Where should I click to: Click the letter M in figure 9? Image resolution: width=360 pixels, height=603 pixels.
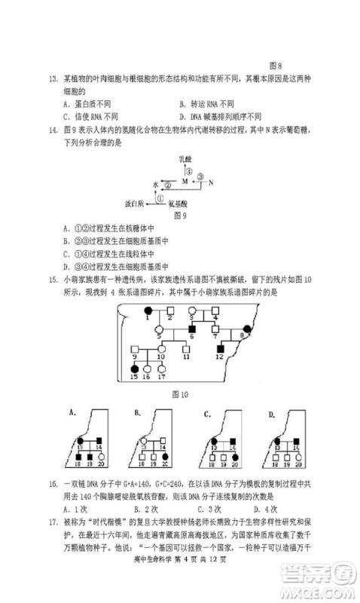coord(185,182)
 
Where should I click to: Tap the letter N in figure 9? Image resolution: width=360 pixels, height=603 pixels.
coord(211,182)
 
